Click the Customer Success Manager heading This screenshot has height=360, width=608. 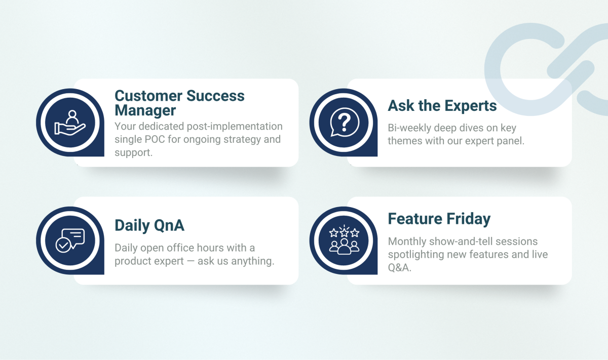[x=179, y=103]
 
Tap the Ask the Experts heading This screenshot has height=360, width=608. [x=442, y=105]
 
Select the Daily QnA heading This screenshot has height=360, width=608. [x=149, y=225]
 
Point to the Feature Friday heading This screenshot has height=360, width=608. [x=439, y=219]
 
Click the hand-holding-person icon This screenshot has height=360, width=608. [x=70, y=123]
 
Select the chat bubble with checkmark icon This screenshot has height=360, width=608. [x=70, y=241]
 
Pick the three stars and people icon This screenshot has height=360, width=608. [x=344, y=240]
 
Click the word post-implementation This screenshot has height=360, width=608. [x=235, y=127]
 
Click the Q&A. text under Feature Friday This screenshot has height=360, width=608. [x=400, y=268]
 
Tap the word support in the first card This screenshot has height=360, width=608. [x=133, y=153]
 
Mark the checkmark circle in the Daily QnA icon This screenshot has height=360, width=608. [x=63, y=245]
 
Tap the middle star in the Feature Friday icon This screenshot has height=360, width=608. [x=344, y=232]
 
